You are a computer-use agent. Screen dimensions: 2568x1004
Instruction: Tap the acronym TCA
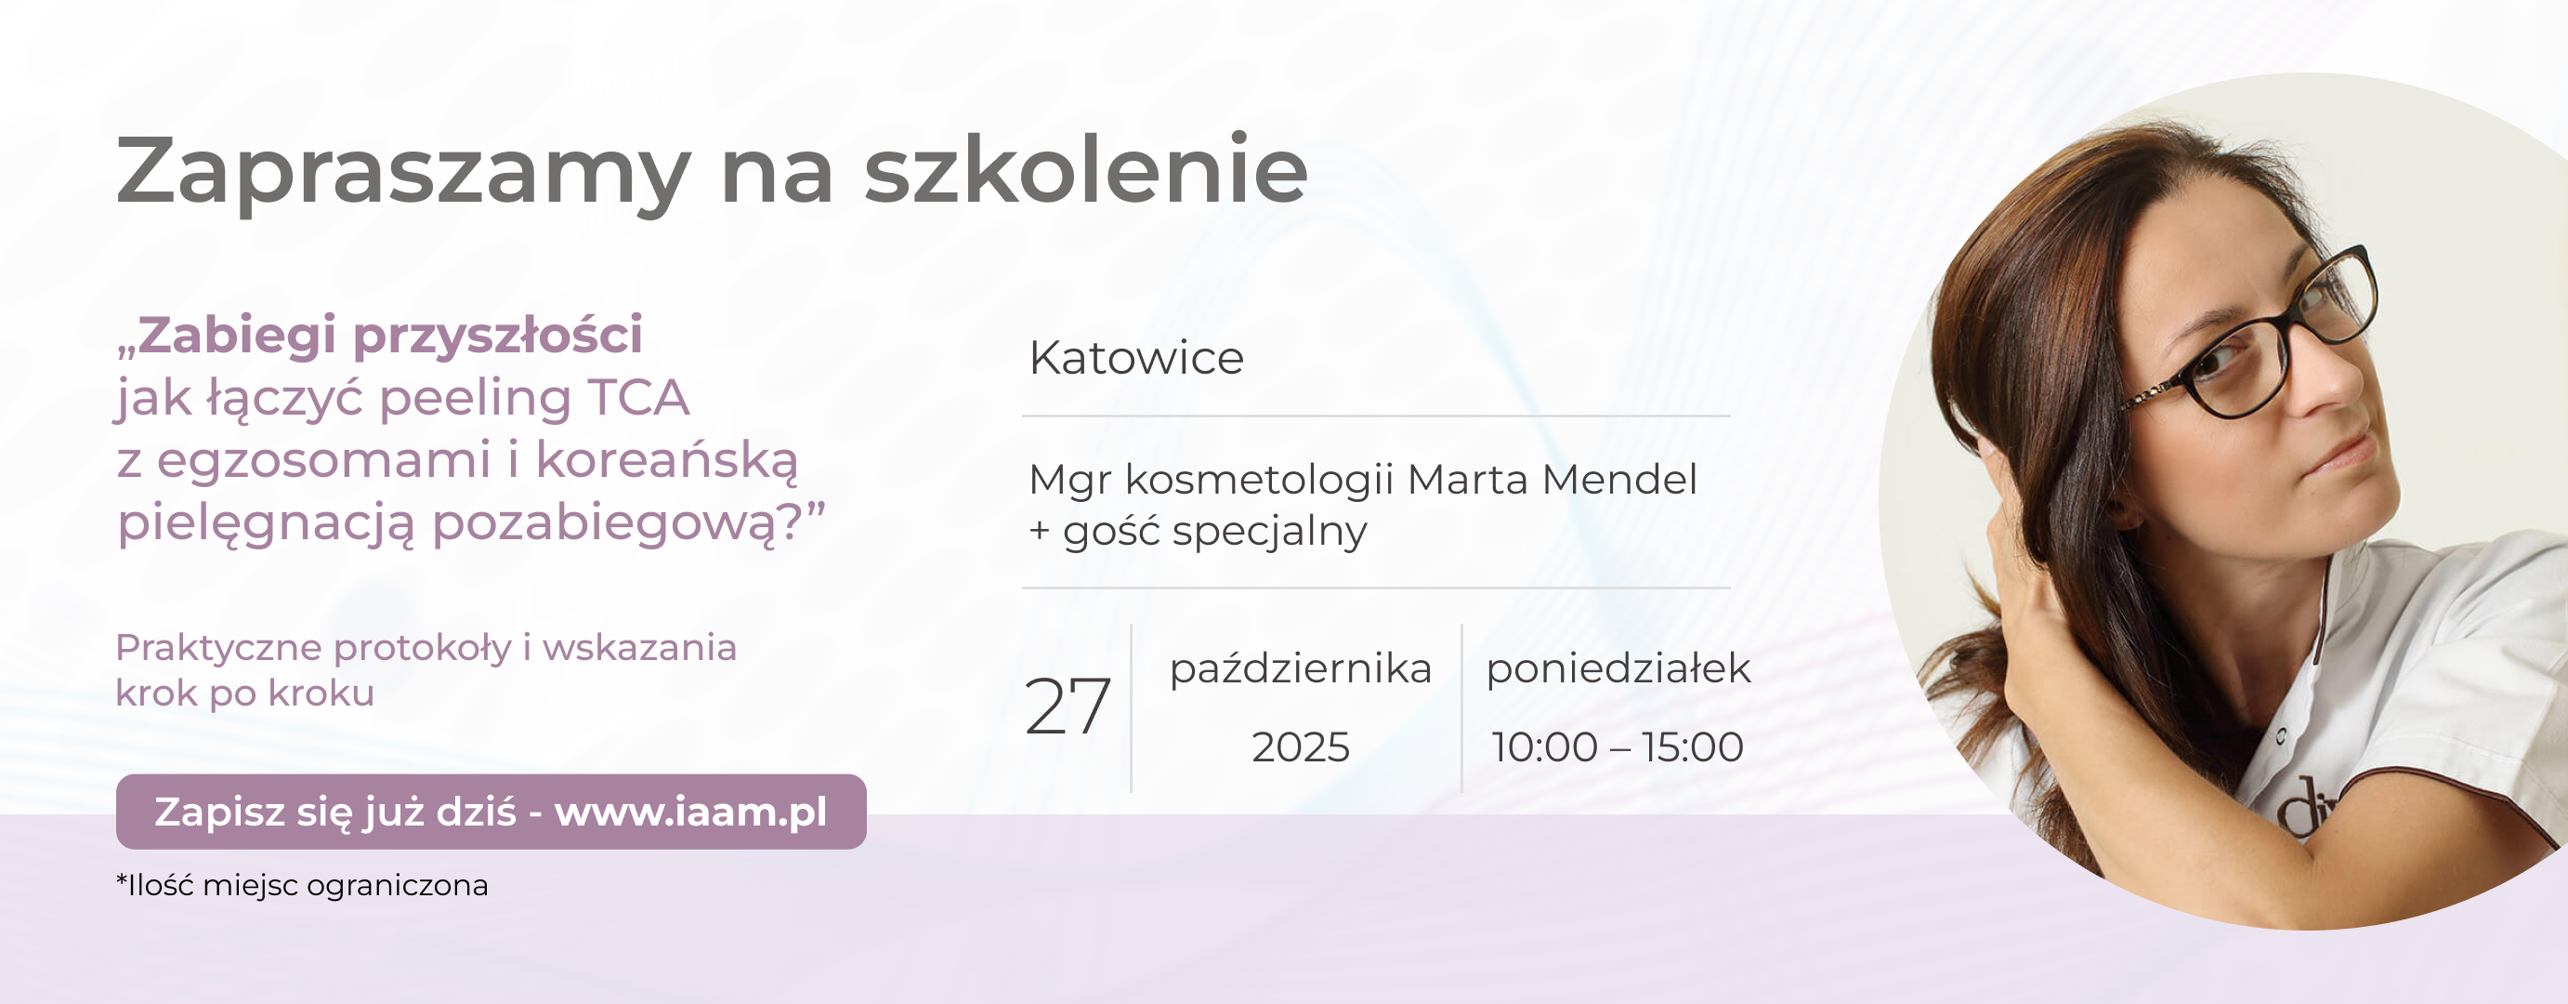(638, 397)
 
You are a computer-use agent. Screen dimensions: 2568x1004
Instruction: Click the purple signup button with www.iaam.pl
(491, 812)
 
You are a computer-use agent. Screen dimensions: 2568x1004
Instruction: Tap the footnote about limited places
(302, 885)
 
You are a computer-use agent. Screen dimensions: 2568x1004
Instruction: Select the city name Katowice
(1136, 358)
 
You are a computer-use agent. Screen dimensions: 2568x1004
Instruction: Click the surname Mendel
(1619, 480)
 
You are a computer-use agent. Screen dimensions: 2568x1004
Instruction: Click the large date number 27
(1068, 707)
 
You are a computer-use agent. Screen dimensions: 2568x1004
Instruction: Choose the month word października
(1300, 669)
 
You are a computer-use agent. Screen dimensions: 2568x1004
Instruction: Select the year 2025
(1300, 746)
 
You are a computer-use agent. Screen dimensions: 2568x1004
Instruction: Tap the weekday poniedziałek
(1618, 669)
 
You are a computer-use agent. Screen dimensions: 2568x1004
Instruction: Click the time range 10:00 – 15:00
(1617, 746)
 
